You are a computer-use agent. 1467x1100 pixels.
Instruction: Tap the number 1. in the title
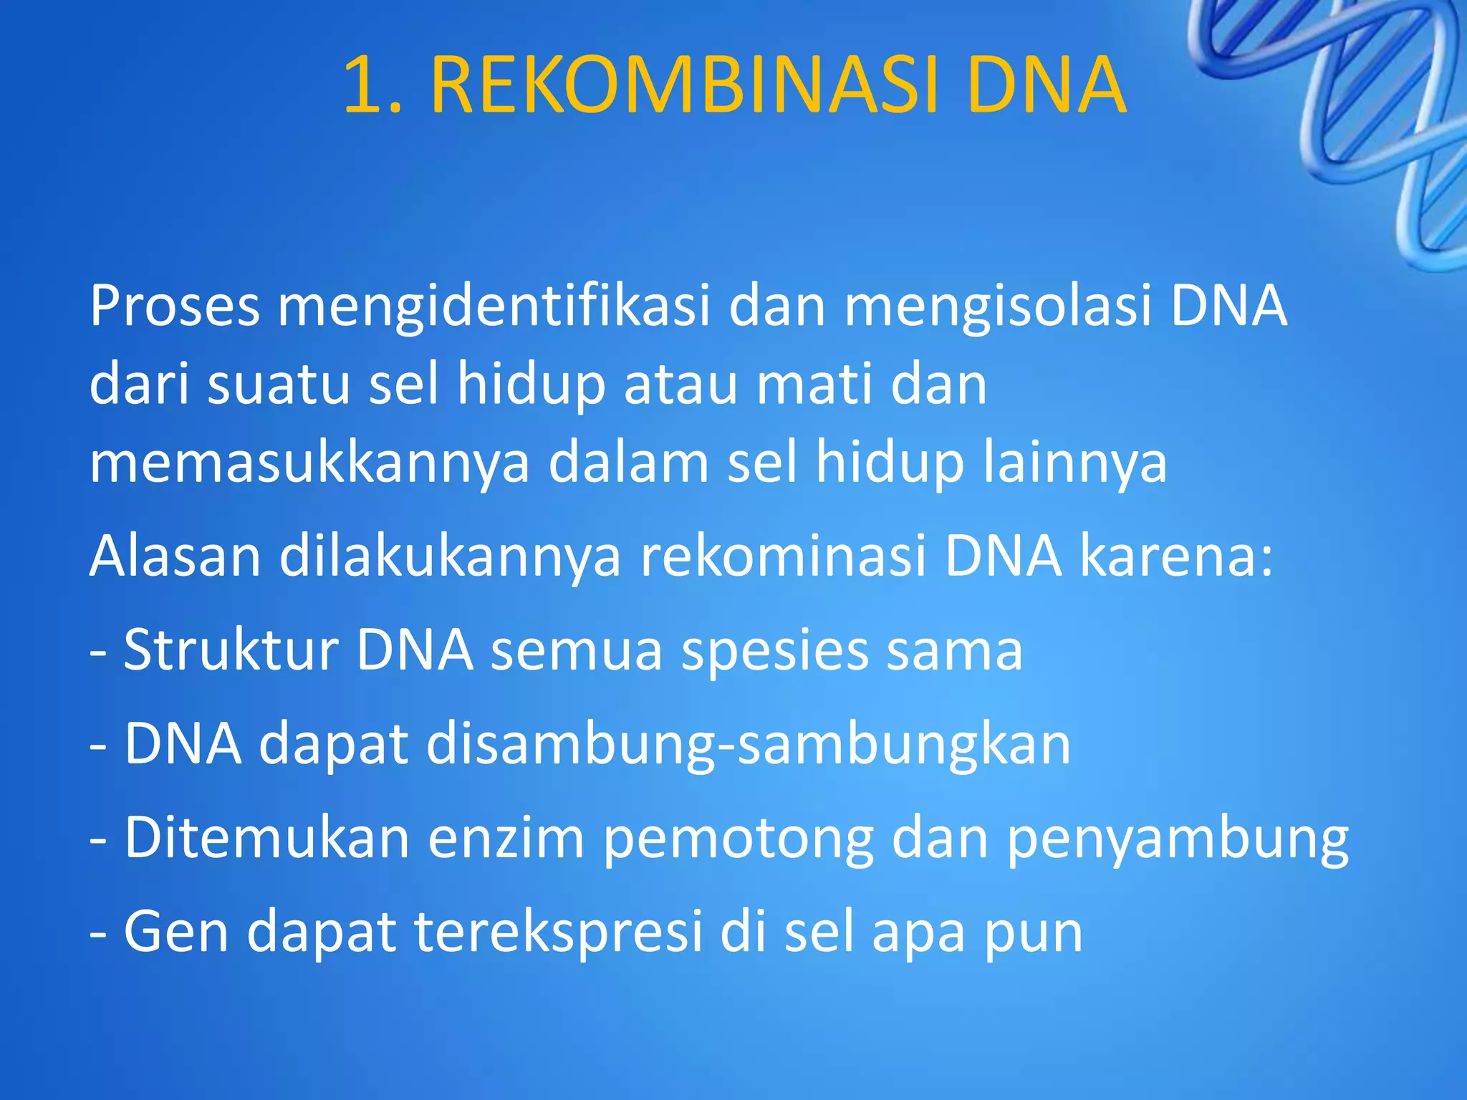(372, 86)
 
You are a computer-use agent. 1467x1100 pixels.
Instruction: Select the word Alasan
(175, 556)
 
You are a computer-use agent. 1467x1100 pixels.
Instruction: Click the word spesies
(774, 650)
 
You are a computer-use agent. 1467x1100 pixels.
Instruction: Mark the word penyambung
(1178, 839)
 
